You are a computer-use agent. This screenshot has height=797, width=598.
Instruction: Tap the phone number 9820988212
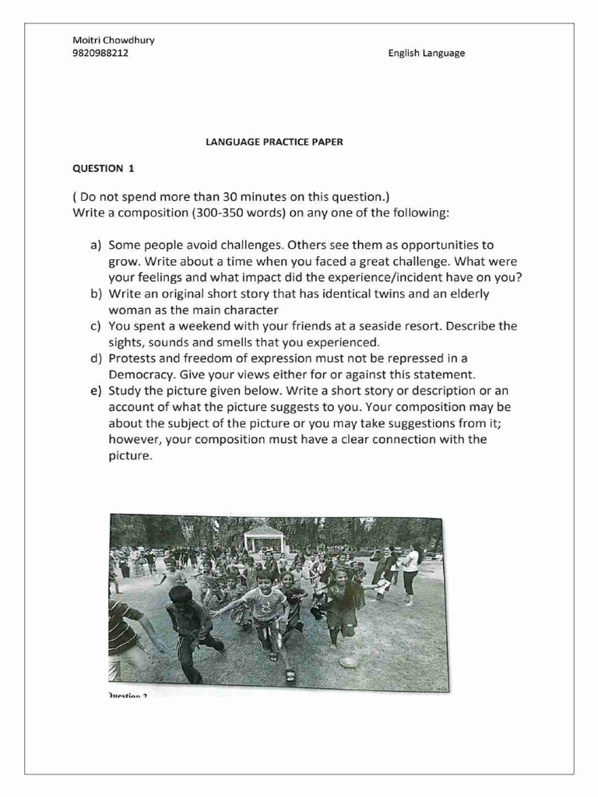pos(100,54)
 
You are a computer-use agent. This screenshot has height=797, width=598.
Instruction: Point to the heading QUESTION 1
pos(98,167)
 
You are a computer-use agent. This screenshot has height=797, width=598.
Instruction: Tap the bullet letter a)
pos(97,245)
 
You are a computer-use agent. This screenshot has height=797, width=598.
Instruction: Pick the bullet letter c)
pos(97,326)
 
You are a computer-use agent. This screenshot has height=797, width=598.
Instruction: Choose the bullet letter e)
pos(97,391)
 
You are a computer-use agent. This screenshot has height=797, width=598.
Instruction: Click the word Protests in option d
pos(132,358)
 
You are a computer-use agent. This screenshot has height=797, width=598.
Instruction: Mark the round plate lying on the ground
pos(348,662)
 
